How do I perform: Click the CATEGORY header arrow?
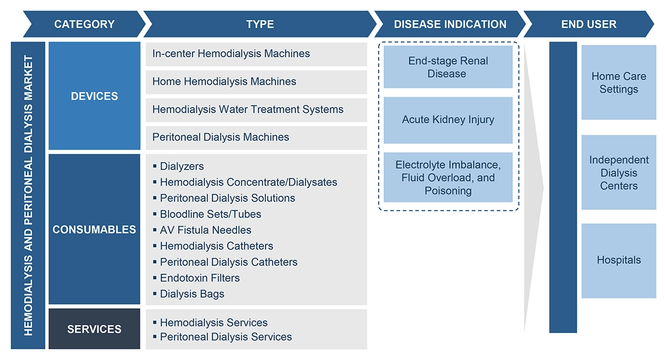(84, 24)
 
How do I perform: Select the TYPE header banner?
(260, 24)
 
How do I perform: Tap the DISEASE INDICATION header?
(449, 24)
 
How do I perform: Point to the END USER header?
(588, 24)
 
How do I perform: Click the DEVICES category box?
(94, 96)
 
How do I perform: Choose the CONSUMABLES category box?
(94, 230)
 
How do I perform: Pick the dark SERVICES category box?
(94, 329)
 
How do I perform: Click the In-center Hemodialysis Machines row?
(231, 53)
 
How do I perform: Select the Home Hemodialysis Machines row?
(224, 81)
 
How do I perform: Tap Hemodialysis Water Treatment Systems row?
(248, 109)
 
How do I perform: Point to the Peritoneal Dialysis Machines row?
(221, 137)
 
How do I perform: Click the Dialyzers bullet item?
(181, 167)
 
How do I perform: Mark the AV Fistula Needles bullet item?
(205, 230)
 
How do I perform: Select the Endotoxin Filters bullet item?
(199, 278)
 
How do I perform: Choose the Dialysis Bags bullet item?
(192, 294)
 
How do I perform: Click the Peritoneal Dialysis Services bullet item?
(226, 337)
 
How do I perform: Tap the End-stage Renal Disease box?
(448, 67)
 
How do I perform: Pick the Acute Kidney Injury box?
(448, 120)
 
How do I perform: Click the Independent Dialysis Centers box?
(618, 173)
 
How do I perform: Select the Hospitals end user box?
(618, 260)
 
